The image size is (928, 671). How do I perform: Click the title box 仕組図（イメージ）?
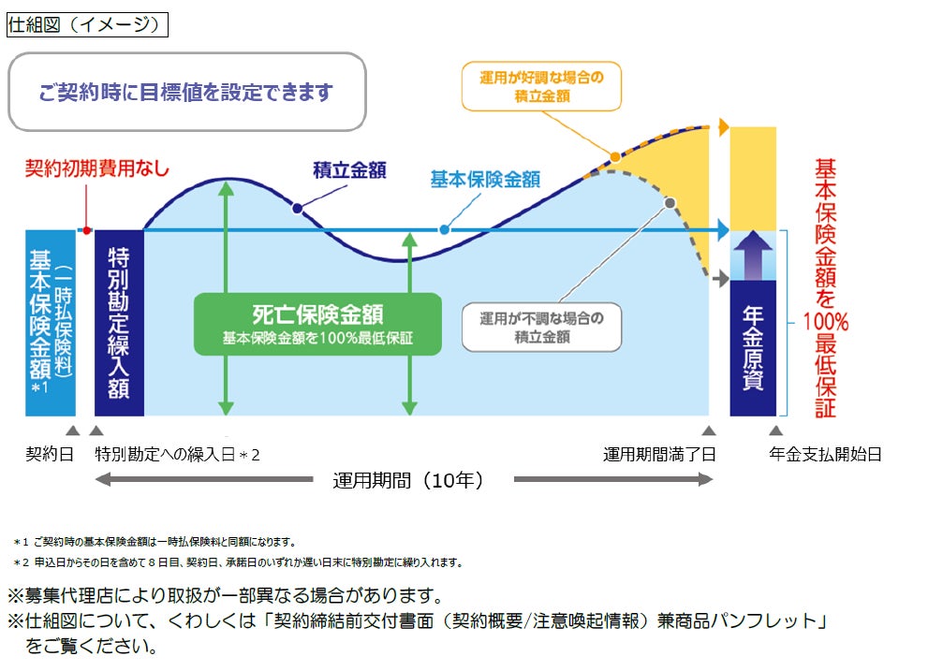pos(87,25)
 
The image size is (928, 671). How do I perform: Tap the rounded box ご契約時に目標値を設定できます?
pos(186,92)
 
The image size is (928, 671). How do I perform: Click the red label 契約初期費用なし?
pos(97,168)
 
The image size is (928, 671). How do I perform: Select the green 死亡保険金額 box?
pos(317,324)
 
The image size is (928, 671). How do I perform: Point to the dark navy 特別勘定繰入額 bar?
pos(119,322)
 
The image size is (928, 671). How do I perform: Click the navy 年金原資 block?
pos(753,347)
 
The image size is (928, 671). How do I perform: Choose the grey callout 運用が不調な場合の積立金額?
pos(542,327)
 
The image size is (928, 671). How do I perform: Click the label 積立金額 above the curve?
pos(349,170)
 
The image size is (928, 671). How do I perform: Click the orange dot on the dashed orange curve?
pos(614,157)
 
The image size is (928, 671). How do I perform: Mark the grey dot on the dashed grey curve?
pos(670,202)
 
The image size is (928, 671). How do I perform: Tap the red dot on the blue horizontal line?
pos(86,229)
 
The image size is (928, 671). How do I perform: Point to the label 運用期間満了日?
pos(659,455)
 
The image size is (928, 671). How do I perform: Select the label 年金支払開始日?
pos(825,455)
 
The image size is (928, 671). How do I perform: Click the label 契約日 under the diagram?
pos(50,455)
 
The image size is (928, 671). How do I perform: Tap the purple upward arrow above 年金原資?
pos(753,255)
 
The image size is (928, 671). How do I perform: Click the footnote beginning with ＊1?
pos(155,542)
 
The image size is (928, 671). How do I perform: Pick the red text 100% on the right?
pos(825,323)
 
